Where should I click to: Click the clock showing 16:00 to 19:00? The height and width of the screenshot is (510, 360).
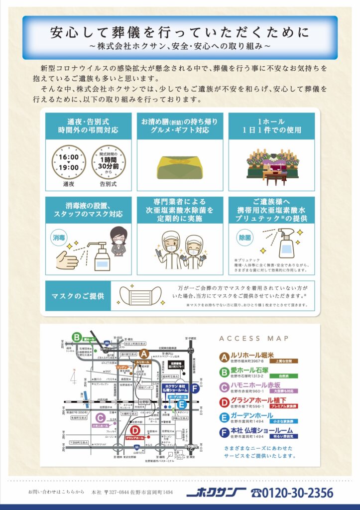coord(68,162)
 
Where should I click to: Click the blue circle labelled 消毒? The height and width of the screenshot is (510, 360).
coord(59,239)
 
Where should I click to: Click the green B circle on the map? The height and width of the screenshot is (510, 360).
coord(76,337)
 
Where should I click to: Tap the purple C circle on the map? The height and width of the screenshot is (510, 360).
coord(100,418)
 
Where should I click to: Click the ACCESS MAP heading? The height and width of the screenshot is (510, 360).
coord(253,339)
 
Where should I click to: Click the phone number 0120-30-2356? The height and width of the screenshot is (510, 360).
coord(292,493)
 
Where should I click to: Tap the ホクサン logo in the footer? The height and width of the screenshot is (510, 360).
coord(215,493)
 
